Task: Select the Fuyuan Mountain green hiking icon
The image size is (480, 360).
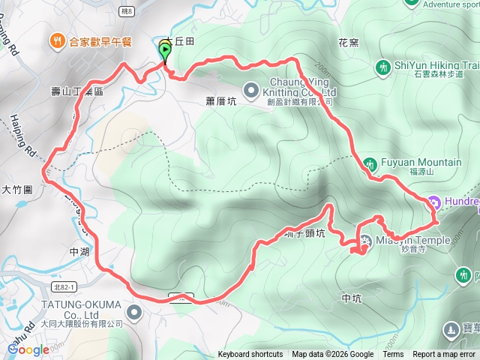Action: click(x=370, y=163)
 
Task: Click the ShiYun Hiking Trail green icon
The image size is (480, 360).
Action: click(x=383, y=67)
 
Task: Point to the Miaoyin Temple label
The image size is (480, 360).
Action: click(x=415, y=240)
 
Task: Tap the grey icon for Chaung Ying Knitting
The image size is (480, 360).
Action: click(x=252, y=87)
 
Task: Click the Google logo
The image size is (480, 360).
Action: click(x=28, y=349)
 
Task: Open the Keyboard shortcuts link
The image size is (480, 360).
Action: click(x=250, y=355)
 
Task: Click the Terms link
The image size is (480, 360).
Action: click(x=393, y=355)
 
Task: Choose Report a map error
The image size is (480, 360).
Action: click(x=444, y=355)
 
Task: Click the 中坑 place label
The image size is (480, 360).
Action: click(x=352, y=298)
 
